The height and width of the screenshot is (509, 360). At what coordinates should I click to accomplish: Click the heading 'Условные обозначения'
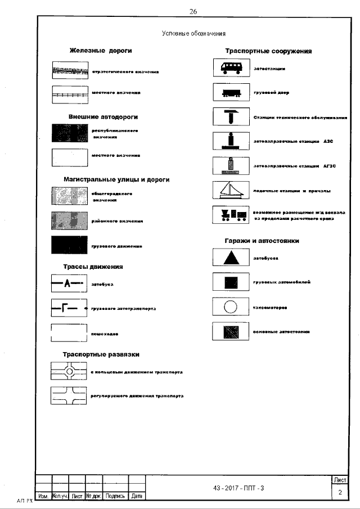tap(190, 35)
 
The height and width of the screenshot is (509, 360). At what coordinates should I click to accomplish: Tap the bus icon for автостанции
tap(231, 68)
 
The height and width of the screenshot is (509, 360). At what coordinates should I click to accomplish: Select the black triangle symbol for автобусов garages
tap(231, 258)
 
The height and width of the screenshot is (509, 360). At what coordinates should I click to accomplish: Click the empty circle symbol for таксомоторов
tap(231, 307)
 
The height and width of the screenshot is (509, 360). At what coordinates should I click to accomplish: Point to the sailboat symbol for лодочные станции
tap(231, 190)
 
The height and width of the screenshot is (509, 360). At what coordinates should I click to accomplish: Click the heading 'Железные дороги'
tap(101, 51)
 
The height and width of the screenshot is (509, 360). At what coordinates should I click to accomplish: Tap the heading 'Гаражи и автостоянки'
tap(262, 241)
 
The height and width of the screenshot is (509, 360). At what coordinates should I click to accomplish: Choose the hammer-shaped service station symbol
tap(231, 117)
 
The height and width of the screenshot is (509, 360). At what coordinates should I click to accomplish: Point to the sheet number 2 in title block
tap(340, 493)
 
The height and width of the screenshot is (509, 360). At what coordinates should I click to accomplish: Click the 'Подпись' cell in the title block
tap(115, 496)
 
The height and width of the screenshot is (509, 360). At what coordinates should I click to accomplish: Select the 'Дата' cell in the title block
tap(137, 496)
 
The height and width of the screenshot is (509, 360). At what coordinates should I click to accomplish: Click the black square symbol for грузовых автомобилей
tap(231, 282)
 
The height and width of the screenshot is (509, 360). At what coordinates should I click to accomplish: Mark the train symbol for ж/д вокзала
tap(231, 214)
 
